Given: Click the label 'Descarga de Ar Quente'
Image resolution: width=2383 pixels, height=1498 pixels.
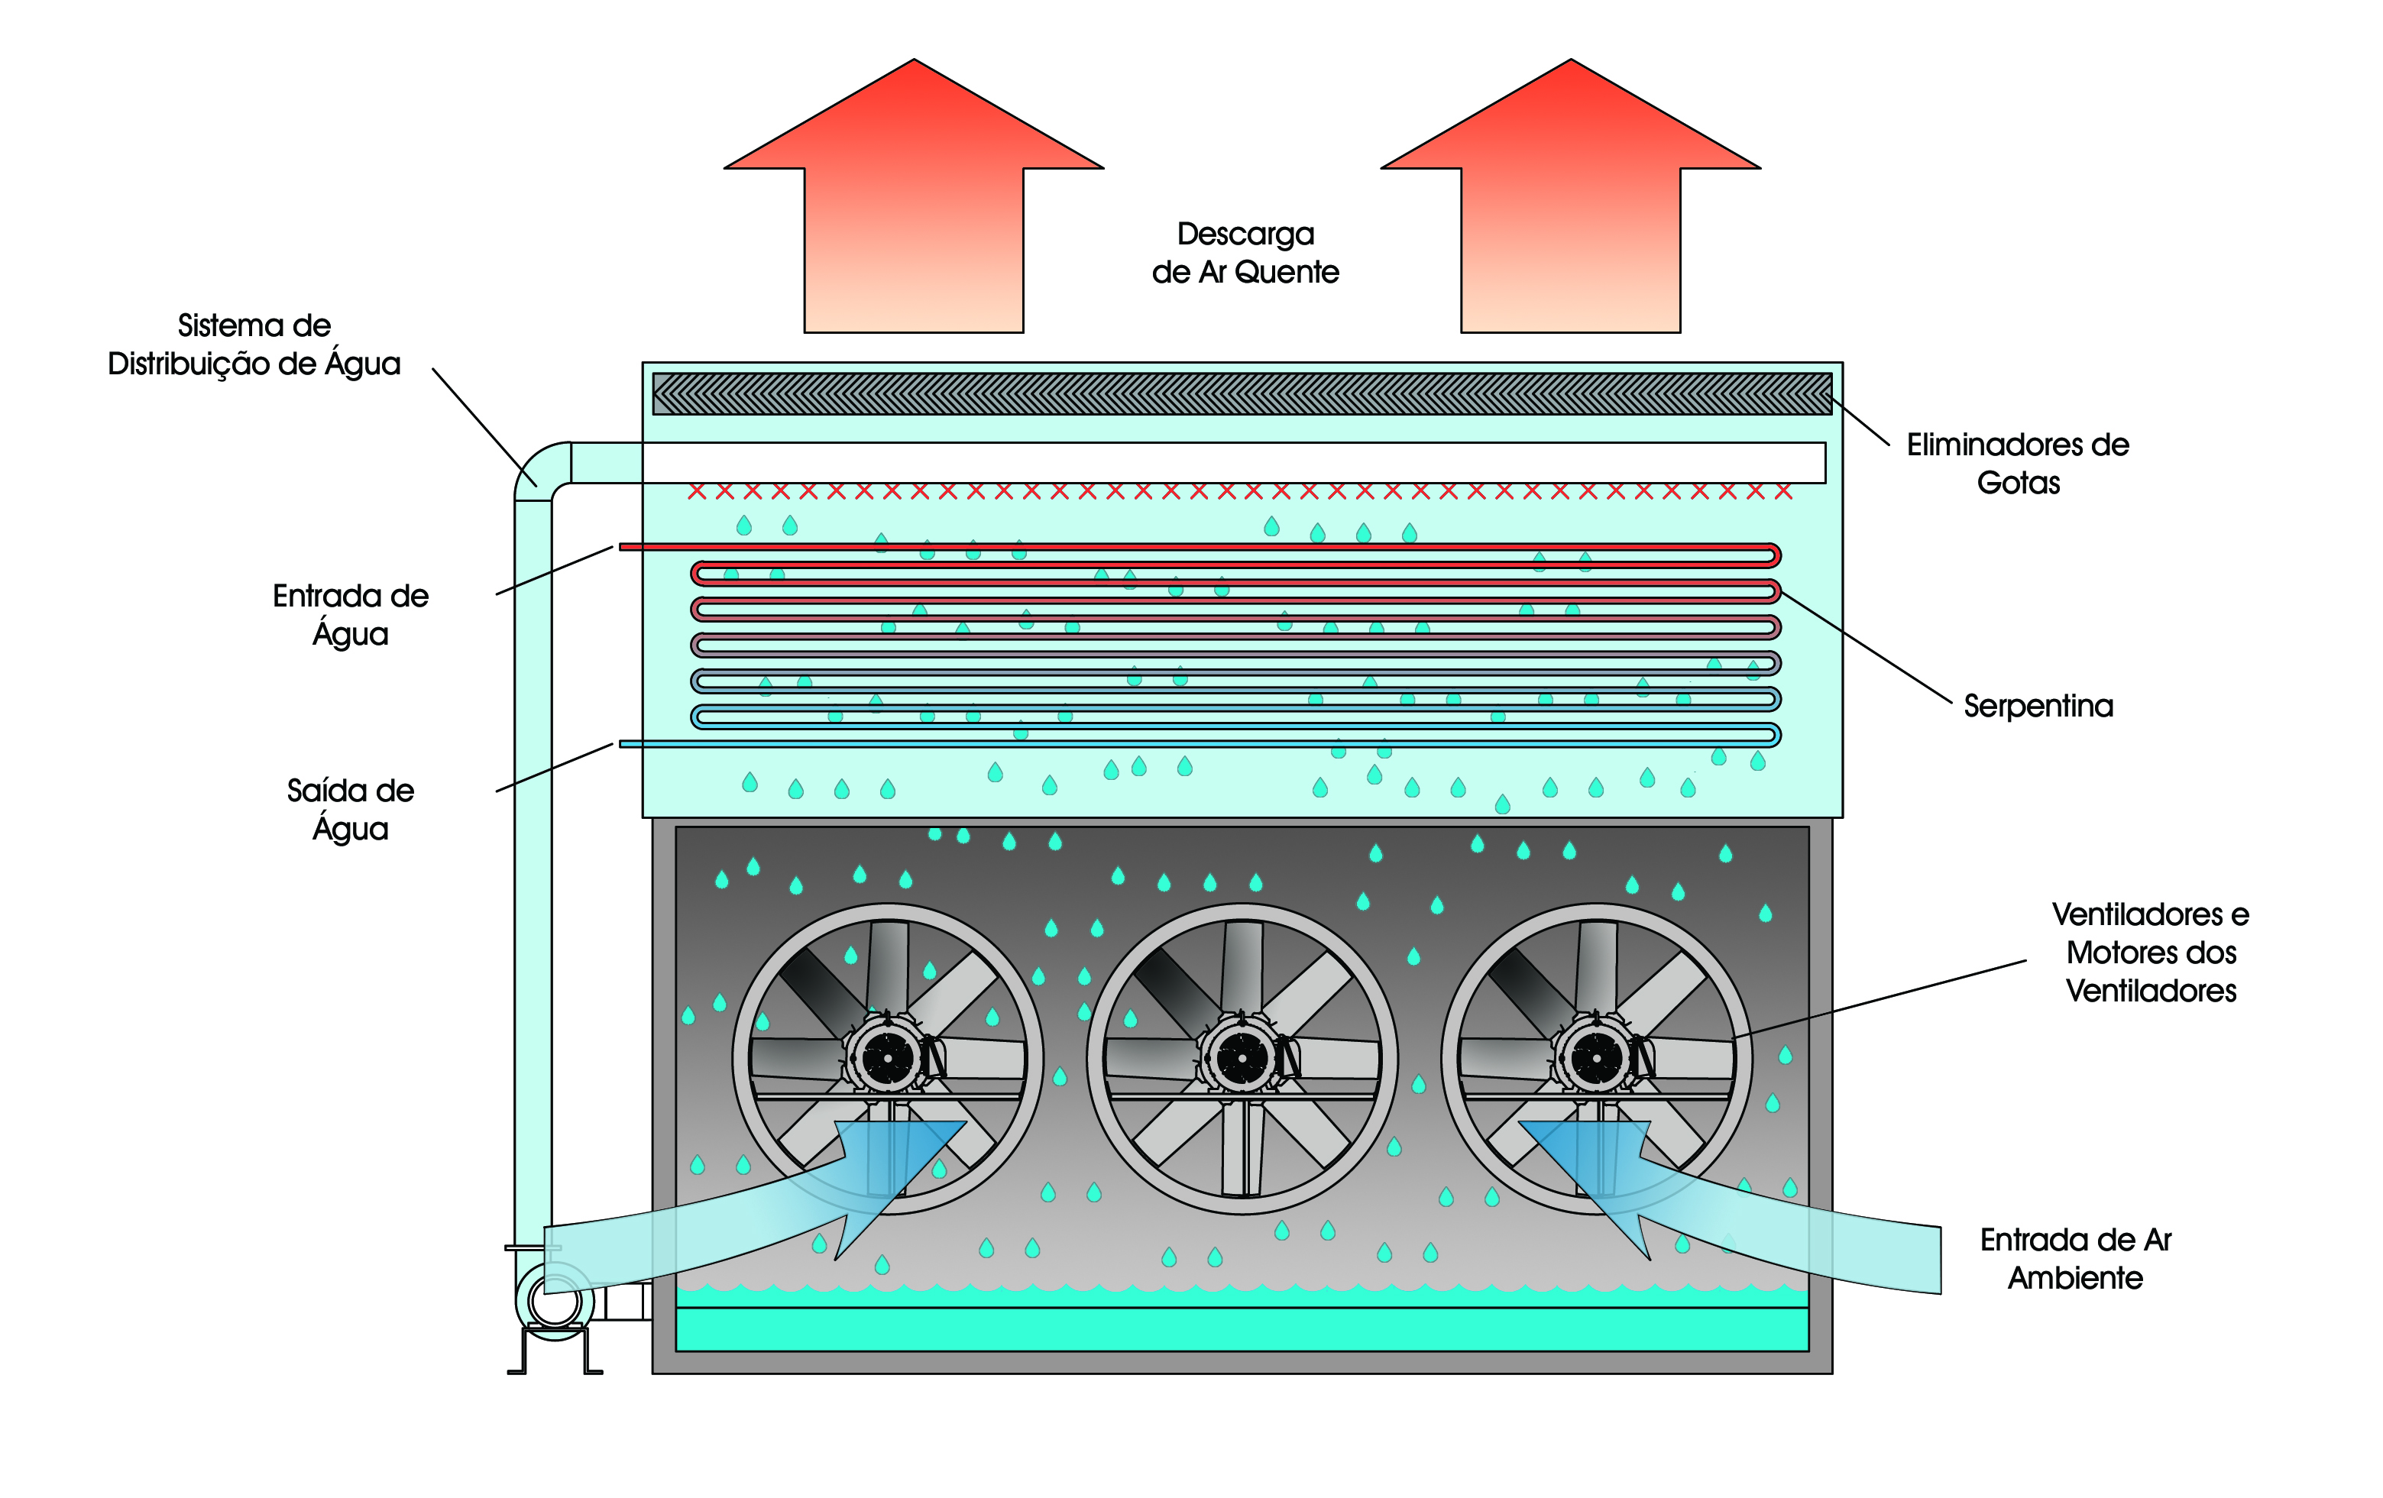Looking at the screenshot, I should pyautogui.click(x=1245, y=252).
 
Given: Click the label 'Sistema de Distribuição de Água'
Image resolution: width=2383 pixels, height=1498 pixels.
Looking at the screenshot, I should pyautogui.click(x=254, y=345).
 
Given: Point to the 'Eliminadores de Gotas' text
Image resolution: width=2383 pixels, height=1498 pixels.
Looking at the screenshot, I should pyautogui.click(x=2018, y=463).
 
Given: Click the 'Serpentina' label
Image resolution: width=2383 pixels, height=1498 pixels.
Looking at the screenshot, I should pyautogui.click(x=2038, y=706).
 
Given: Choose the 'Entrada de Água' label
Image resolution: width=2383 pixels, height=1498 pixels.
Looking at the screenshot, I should pyautogui.click(x=351, y=614).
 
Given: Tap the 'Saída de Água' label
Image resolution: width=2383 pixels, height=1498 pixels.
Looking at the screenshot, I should pyautogui.click(x=351, y=810).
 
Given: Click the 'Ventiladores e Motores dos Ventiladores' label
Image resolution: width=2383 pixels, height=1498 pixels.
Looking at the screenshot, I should pyautogui.click(x=2151, y=952).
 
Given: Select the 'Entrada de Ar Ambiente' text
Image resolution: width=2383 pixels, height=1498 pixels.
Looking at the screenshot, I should pyautogui.click(x=2075, y=1259).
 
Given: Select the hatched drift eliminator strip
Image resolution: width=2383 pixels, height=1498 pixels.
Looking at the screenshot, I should pyautogui.click(x=1242, y=394).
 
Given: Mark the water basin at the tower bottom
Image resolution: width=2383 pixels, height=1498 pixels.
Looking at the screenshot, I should pyautogui.click(x=1242, y=1328).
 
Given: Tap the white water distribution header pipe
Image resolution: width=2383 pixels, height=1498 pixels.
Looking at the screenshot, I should pyautogui.click(x=1232, y=462).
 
